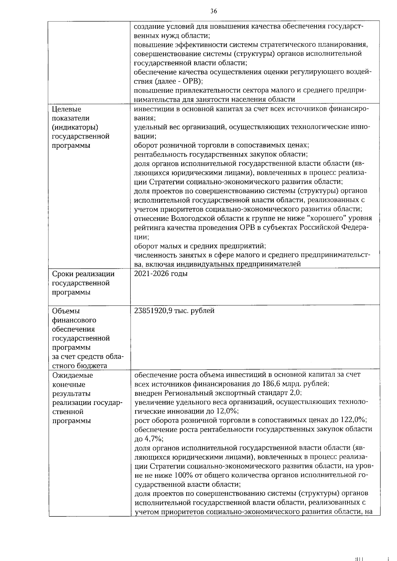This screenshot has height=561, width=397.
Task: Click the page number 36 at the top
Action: pos(213,11)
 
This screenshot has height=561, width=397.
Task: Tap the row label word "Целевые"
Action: pos(66,109)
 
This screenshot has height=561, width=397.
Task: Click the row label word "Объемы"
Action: pos(66,311)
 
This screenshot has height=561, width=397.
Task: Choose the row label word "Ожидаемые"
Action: pos(72,375)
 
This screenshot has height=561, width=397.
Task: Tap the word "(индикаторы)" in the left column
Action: pos(75,127)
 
